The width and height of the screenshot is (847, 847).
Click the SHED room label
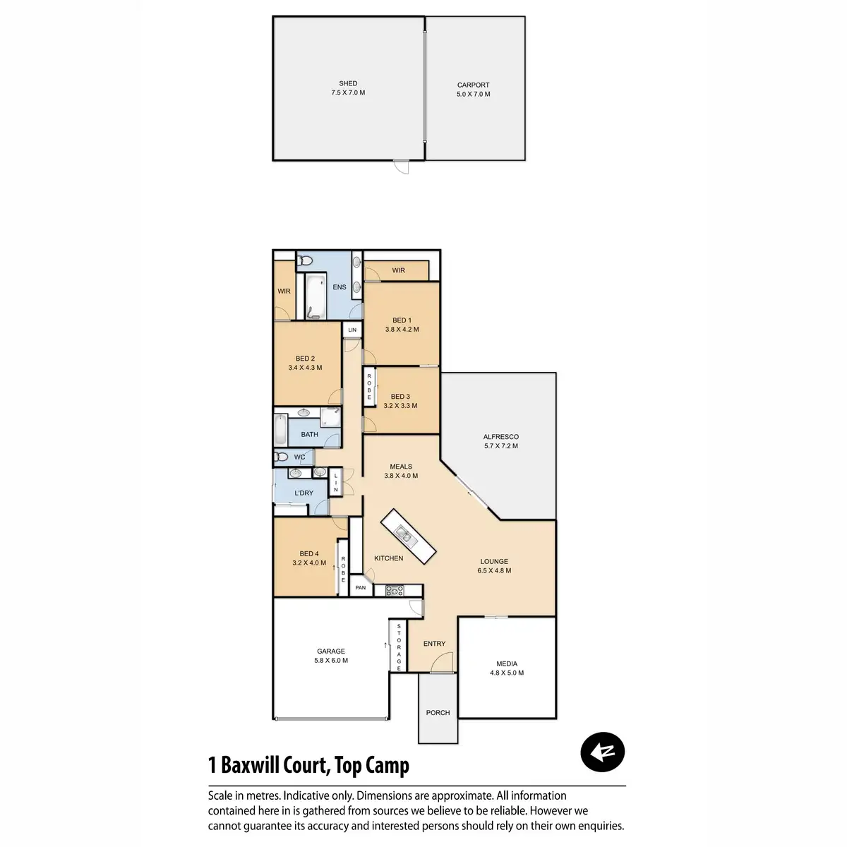pyautogui.click(x=348, y=83)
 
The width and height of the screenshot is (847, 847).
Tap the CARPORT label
pyautogui.click(x=473, y=85)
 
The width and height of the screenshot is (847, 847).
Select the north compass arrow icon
pyautogui.click(x=602, y=752)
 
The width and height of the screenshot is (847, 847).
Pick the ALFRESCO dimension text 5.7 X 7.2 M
pyautogui.click(x=501, y=446)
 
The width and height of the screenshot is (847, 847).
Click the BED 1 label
pyautogui.click(x=402, y=320)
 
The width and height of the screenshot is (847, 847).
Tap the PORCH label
pyautogui.click(x=438, y=713)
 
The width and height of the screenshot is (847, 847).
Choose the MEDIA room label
pyautogui.click(x=507, y=663)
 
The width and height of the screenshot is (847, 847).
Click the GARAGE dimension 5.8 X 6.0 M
pyautogui.click(x=331, y=661)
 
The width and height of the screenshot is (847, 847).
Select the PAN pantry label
pyautogui.click(x=361, y=588)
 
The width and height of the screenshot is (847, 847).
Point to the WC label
pyautogui.click(x=300, y=457)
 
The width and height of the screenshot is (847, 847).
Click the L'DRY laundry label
pyautogui.click(x=304, y=493)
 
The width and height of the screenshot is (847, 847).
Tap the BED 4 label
pyautogui.click(x=309, y=554)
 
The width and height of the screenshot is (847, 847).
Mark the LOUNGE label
pyautogui.click(x=494, y=562)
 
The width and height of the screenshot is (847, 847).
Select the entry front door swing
pyautogui.click(x=442, y=662)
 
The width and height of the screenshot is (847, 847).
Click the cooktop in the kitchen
pyautogui.click(x=395, y=591)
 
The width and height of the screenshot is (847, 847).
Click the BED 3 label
pyautogui.click(x=400, y=397)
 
